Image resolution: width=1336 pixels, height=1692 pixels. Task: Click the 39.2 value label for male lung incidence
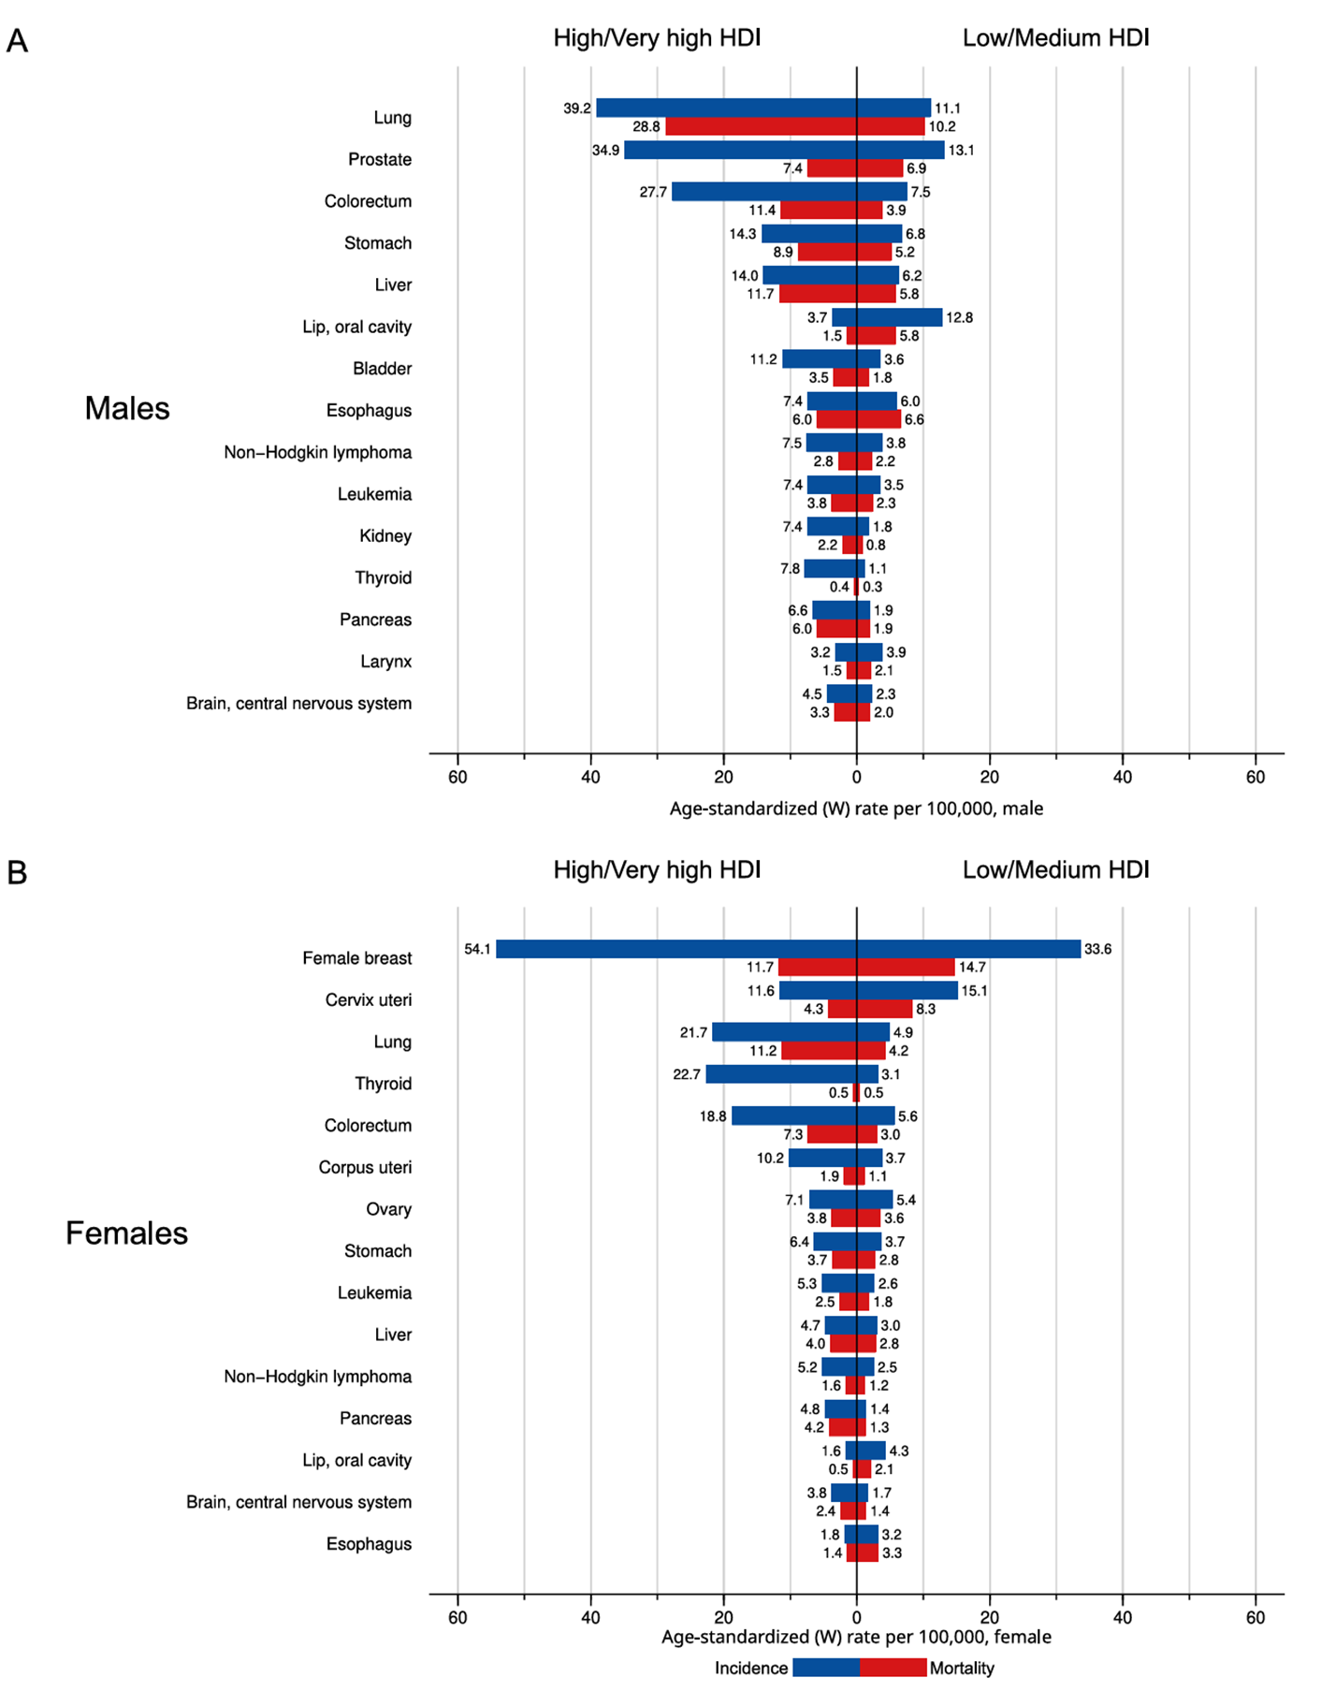pos(577,109)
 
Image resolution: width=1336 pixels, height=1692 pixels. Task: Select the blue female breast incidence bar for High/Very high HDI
pos(676,949)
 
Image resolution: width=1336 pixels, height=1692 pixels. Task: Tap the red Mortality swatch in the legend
pos(893,1668)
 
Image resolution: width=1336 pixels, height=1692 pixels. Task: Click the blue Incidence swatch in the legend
pos(826,1668)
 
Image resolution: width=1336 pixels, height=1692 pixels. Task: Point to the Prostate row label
pos(380,159)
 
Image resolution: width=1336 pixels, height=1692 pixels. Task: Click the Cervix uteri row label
pos(369,999)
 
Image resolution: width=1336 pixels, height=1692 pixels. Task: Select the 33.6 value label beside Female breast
pos(1098,949)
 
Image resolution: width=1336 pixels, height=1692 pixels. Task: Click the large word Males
pos(127,408)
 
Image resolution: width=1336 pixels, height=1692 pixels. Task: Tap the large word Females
pos(126,1233)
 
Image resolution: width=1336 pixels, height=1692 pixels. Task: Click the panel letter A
pos(17,41)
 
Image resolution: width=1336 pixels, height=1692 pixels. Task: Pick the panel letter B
pos(17,872)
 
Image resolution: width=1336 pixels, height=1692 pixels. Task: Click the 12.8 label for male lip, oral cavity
pos(959,317)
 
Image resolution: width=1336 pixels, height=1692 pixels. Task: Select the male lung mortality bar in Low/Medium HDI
pos(891,126)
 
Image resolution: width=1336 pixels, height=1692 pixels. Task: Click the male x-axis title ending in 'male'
pos(856,809)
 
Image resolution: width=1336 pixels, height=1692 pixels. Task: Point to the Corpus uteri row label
pos(365,1167)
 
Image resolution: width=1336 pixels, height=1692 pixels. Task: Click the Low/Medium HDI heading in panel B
pos(1056,869)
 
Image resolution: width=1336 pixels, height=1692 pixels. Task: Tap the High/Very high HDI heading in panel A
pos(657,37)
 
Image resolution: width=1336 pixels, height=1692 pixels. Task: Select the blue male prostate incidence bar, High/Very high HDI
pos(741,150)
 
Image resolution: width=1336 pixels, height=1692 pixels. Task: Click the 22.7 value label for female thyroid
pos(687,1074)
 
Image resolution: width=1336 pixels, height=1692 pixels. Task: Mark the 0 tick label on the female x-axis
pos(856,1617)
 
